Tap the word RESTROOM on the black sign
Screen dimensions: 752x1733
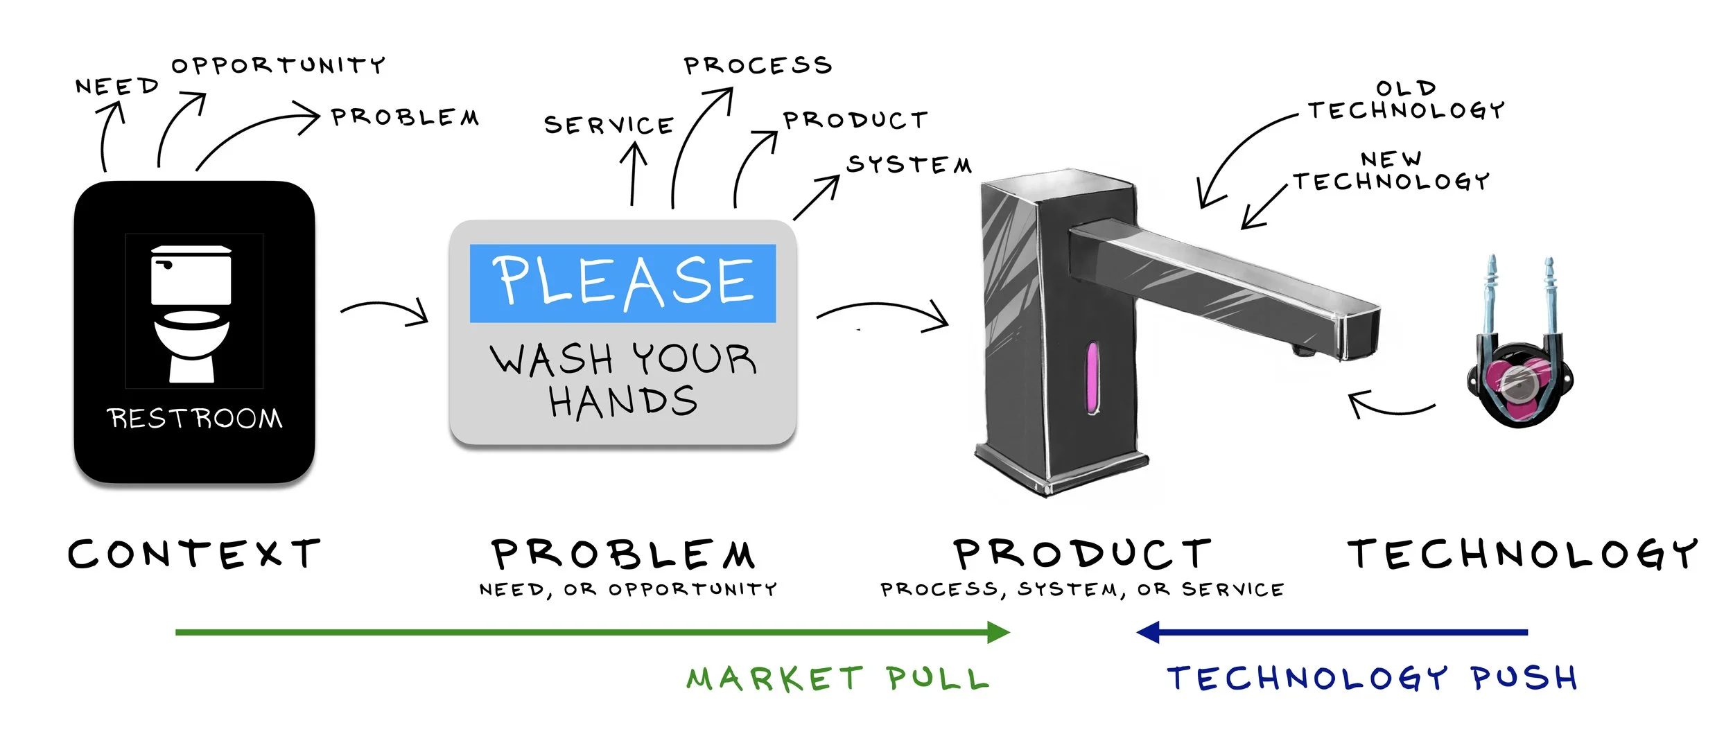[x=195, y=419]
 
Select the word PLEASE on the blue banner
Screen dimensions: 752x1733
[x=622, y=281]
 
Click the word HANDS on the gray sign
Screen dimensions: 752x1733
[x=622, y=401]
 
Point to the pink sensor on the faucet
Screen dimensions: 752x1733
[x=1092, y=377]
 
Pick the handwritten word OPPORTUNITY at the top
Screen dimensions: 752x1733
[x=278, y=65]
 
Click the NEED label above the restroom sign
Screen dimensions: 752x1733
[x=117, y=87]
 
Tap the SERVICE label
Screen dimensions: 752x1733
[x=609, y=125]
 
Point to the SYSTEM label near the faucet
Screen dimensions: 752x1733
[x=909, y=165]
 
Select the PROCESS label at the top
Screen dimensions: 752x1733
[x=758, y=65]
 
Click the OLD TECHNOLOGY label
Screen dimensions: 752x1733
[x=1406, y=100]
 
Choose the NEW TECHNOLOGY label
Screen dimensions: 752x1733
[x=1391, y=172]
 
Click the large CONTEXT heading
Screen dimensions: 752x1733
[x=195, y=554]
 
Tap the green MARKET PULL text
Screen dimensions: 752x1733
[x=837, y=679]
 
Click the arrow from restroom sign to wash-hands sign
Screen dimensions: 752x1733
[x=385, y=311]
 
